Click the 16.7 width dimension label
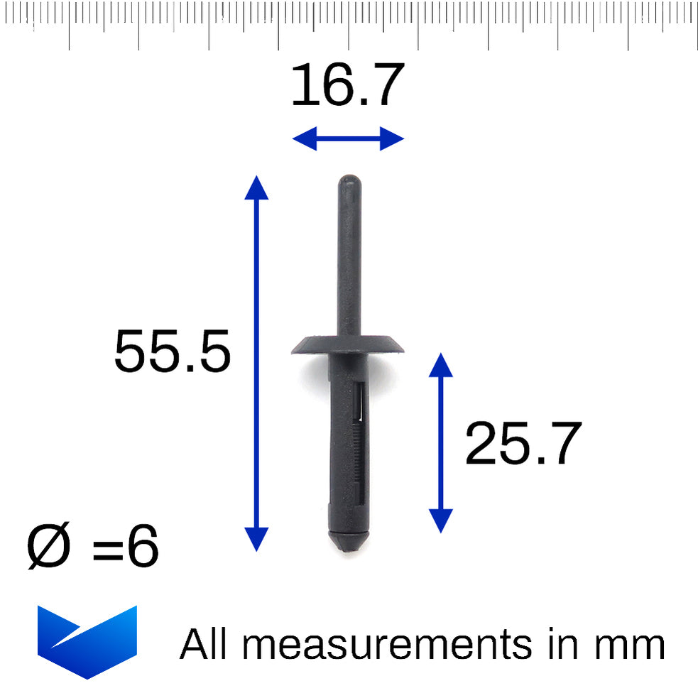(x=348, y=84)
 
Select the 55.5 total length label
(x=173, y=351)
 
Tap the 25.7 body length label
(x=523, y=443)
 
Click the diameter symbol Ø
(x=48, y=545)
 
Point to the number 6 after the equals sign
(x=143, y=546)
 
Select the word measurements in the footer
(x=387, y=645)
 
